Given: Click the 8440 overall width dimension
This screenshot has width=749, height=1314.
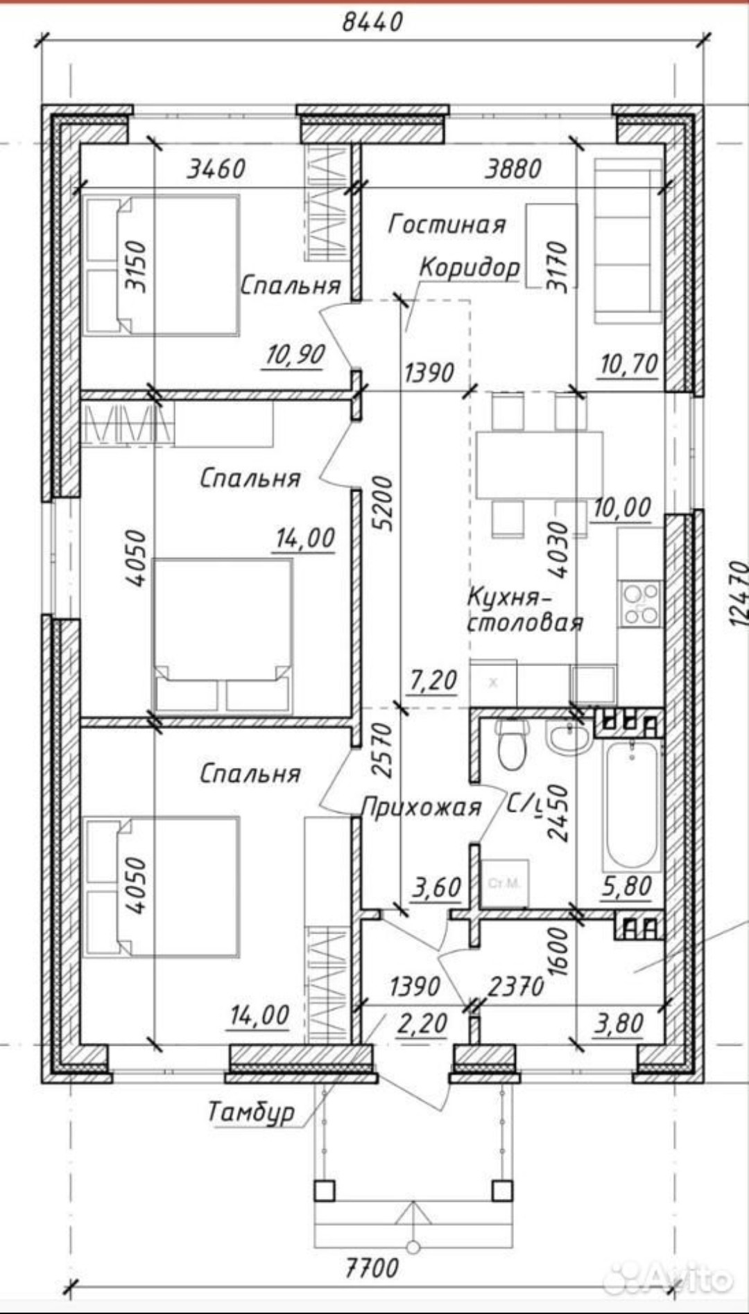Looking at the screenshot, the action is point(372,21).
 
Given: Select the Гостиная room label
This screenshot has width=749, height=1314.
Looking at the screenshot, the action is point(447,224).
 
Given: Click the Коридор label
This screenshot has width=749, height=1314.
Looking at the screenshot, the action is point(470,267).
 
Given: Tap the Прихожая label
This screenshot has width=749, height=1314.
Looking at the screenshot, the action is point(421,807).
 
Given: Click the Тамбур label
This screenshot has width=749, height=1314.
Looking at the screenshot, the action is point(252,1112).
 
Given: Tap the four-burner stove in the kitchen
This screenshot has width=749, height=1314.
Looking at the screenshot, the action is point(640,604).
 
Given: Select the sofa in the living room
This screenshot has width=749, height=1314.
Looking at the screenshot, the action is point(628,240).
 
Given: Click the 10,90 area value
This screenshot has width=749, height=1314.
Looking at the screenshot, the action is point(295,355).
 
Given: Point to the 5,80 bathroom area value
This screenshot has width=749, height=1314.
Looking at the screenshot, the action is point(627,886).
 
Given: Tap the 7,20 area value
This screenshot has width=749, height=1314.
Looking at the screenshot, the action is point(433,681).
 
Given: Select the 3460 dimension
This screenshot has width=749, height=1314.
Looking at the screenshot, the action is point(216,168).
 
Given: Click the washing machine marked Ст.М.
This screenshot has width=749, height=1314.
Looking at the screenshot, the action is point(505,883).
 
